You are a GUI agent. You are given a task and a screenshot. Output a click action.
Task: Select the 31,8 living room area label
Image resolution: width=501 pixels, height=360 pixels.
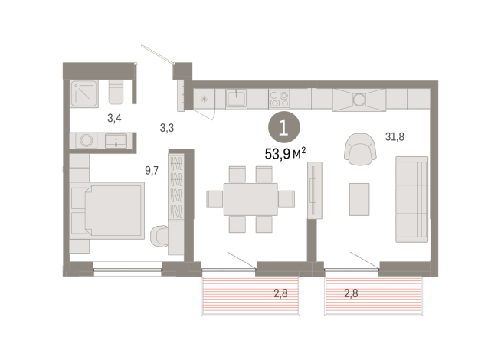(x=395, y=136)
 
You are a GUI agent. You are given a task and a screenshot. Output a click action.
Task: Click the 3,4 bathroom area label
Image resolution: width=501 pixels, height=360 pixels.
(x=115, y=118)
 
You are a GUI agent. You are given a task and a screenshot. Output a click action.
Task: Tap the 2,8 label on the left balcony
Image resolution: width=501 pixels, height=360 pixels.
(x=282, y=293)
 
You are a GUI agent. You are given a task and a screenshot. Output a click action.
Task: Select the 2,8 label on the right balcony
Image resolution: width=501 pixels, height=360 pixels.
(x=352, y=293)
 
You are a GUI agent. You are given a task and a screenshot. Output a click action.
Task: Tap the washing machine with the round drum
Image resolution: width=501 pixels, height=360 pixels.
(x=86, y=141)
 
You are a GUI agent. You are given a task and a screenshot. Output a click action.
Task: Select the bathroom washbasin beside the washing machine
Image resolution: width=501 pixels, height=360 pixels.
(x=117, y=141)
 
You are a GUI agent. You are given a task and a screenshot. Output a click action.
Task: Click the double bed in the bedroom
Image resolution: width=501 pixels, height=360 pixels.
(x=107, y=207)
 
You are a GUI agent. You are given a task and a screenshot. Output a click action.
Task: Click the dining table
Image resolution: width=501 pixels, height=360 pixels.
(x=250, y=198)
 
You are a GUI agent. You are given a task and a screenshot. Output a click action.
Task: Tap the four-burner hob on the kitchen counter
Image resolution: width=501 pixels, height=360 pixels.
(x=279, y=99)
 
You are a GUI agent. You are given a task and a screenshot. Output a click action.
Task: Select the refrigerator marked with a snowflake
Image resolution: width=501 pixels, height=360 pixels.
(x=205, y=99)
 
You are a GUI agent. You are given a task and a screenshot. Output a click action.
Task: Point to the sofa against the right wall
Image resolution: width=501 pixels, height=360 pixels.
(x=411, y=198)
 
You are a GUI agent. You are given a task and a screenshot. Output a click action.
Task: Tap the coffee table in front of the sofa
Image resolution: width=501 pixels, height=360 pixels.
(x=359, y=198)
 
